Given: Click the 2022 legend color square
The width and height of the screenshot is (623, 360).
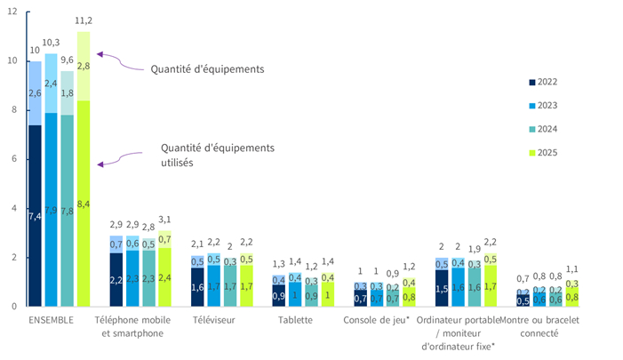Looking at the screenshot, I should click(531, 83).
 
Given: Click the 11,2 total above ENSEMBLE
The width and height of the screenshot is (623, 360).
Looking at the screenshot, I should click(84, 20).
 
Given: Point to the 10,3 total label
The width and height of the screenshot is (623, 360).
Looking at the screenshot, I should click(52, 43).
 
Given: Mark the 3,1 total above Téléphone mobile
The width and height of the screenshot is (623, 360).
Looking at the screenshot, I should click(164, 220).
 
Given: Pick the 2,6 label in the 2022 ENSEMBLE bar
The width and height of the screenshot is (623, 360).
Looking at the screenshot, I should click(35, 93).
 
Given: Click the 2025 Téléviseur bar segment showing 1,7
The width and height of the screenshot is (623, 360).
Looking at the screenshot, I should click(245, 286).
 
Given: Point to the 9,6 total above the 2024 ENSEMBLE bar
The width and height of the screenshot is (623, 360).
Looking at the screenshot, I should click(68, 60).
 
